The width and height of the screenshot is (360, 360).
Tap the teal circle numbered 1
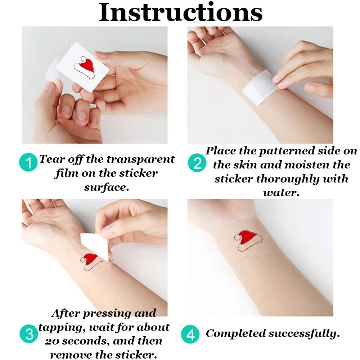[28, 162]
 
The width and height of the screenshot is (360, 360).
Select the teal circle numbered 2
[197, 163]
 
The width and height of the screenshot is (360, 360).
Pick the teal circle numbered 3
[29, 334]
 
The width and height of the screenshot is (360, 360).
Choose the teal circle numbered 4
[190, 334]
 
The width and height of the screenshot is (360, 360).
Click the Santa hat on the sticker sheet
[84, 67]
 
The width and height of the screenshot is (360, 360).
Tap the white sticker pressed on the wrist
[261, 87]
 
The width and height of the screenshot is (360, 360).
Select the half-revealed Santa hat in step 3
[91, 262]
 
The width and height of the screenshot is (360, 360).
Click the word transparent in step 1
[141, 159]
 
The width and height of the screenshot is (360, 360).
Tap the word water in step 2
[281, 193]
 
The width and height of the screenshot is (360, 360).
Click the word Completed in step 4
[235, 334]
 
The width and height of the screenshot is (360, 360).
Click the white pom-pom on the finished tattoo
[237, 237]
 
